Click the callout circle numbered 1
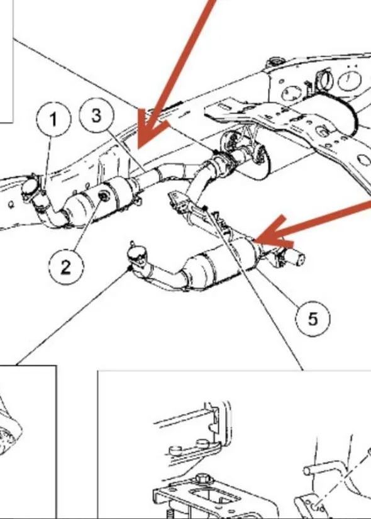53,119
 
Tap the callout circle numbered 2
66,266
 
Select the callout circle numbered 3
96,115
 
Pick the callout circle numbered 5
313,319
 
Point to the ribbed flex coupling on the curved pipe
218,163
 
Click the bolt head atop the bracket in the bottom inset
201,479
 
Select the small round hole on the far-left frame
11,205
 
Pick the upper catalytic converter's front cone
77,206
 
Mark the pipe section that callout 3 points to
146,176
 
